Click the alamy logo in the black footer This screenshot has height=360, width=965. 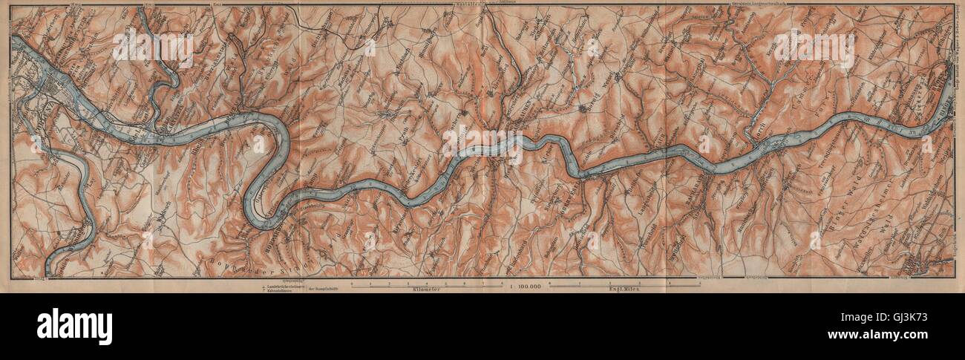74,327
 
